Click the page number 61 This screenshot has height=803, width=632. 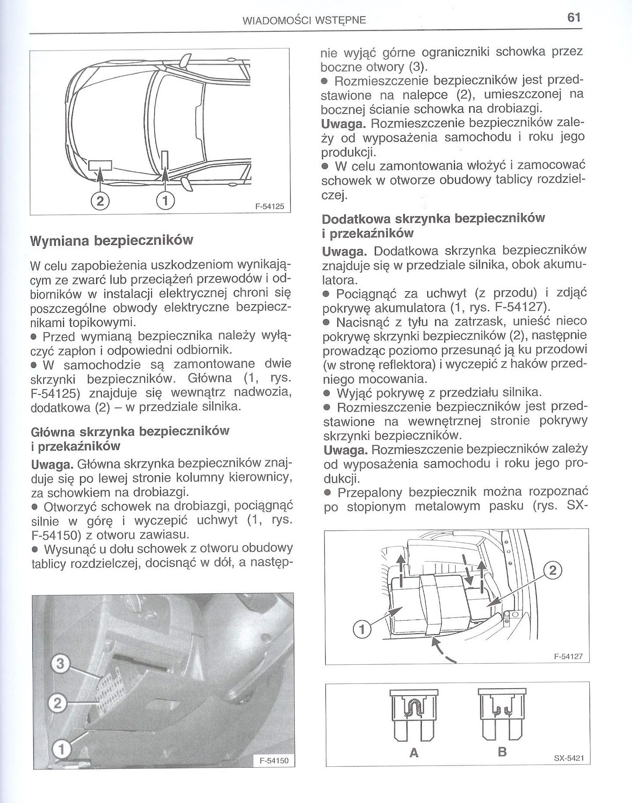[573, 18]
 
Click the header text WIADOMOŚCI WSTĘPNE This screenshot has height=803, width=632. [304, 20]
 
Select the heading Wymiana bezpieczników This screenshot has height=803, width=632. [111, 240]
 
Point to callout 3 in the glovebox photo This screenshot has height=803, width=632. [60, 652]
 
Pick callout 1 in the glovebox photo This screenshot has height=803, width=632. [62, 749]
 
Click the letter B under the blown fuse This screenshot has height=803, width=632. [502, 752]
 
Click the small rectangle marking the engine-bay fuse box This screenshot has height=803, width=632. [100, 165]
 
